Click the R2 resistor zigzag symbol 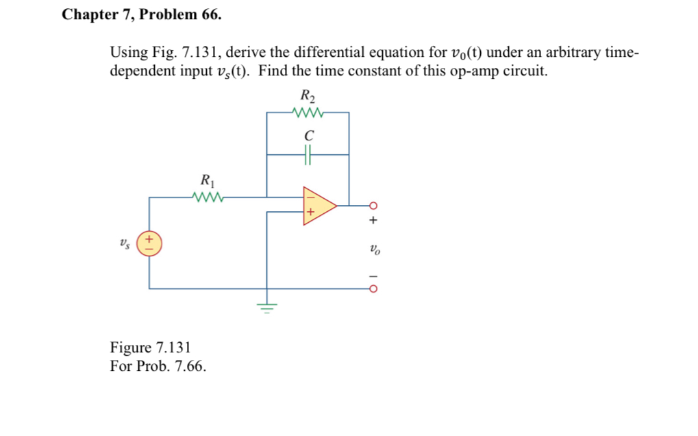308,112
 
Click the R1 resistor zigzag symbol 208,198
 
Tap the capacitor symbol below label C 308,156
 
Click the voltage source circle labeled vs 149,243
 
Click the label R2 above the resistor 308,96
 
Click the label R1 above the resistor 208,182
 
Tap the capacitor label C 308,136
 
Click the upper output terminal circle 373,205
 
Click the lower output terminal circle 373,289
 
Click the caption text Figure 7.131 150,348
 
